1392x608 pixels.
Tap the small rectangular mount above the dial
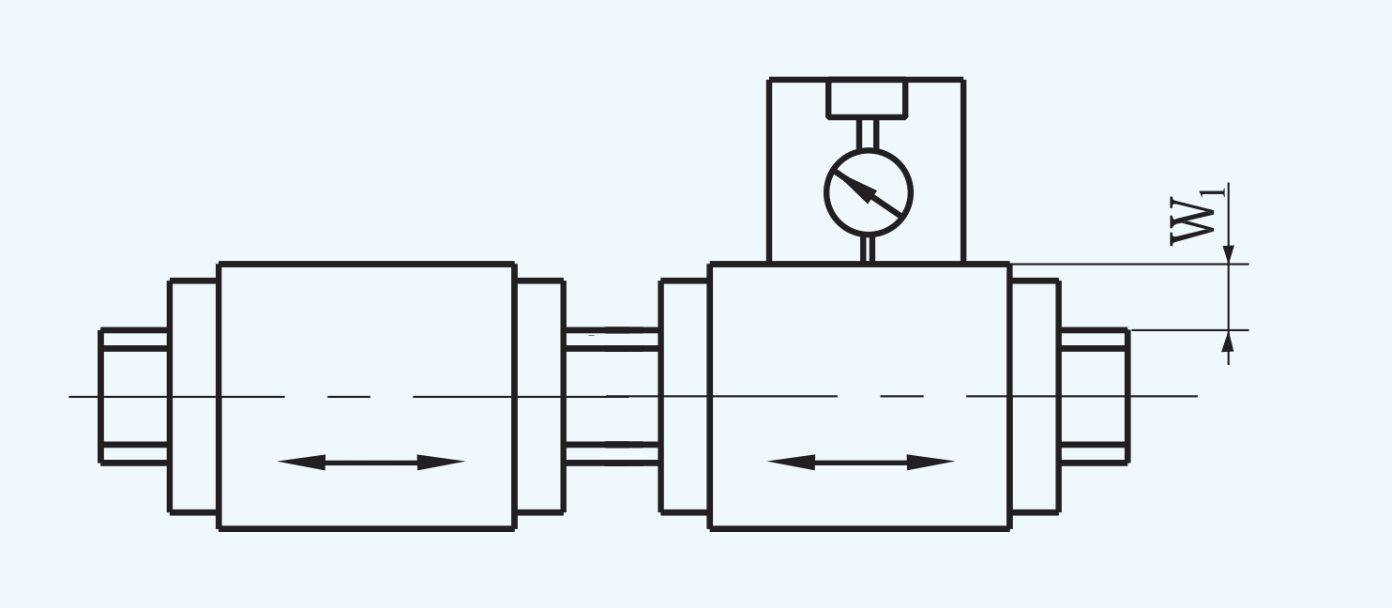tap(867, 99)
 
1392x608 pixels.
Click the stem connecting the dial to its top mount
tap(869, 133)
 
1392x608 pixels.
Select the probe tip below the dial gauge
tap(868, 250)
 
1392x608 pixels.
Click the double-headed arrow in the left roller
tap(371, 462)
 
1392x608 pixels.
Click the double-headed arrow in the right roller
tap(861, 462)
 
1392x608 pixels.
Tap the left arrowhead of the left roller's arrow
tap(301, 462)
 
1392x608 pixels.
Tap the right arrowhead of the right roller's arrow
tap(931, 462)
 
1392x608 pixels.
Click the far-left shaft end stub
tap(133, 396)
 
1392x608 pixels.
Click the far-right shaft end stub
tap(1095, 396)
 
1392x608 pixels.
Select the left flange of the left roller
tap(193, 396)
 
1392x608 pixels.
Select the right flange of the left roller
tap(540, 396)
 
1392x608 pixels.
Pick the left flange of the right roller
tap(684, 396)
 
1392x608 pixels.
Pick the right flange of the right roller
tap(1035, 396)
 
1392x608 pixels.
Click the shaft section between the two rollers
tap(613, 396)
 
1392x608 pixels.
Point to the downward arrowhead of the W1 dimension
tap(1229, 255)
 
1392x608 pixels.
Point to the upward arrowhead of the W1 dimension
tap(1229, 340)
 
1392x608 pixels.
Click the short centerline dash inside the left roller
tap(349, 396)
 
